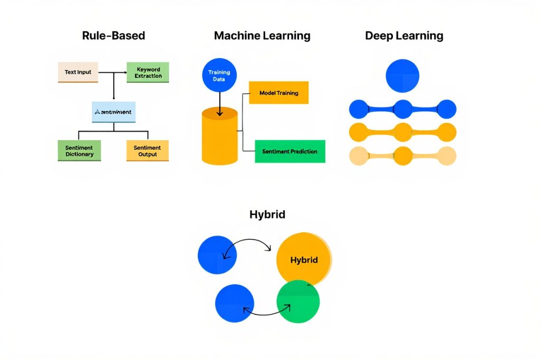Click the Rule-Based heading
(113, 36)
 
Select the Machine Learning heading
(262, 36)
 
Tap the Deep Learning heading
(404, 36)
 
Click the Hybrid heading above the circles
(267, 215)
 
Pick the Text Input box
(78, 72)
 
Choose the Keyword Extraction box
(148, 73)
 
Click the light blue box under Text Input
(113, 112)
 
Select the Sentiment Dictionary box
(79, 151)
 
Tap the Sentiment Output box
(148, 151)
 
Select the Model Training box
(278, 93)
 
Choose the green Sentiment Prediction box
(290, 151)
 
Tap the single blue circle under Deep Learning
(402, 76)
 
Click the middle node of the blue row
(403, 109)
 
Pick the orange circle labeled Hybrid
(304, 260)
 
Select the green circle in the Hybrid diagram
(298, 301)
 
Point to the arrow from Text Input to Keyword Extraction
(113, 72)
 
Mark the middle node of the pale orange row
(403, 156)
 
